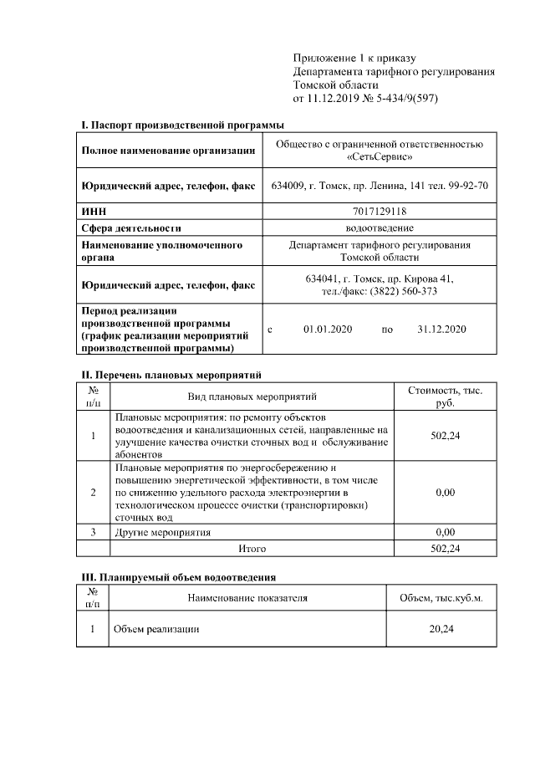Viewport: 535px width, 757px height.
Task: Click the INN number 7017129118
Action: click(x=379, y=212)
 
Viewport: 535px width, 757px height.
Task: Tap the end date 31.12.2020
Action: click(x=441, y=330)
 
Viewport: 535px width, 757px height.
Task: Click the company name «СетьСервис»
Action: click(x=379, y=156)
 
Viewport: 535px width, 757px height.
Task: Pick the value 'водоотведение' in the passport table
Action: click(x=379, y=228)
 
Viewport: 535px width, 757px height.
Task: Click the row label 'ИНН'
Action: click(x=93, y=212)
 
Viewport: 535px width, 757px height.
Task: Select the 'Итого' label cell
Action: click(x=252, y=549)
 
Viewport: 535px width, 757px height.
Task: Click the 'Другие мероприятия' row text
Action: click(x=163, y=532)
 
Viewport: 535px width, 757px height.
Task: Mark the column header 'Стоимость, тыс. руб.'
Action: click(x=445, y=396)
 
